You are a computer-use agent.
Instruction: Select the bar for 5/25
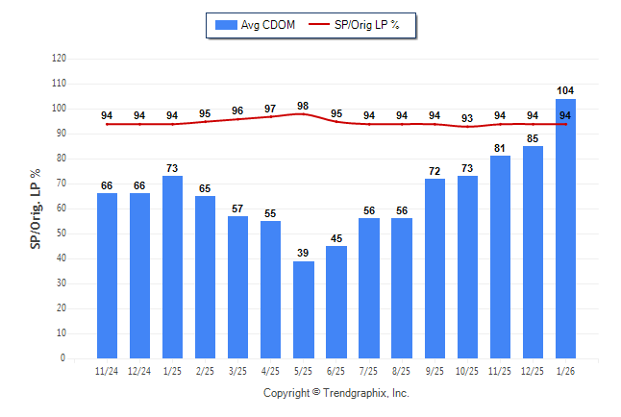[303, 309]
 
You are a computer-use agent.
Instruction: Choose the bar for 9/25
[435, 268]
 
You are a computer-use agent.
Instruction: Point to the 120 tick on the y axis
[60, 59]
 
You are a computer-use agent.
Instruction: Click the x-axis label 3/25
[237, 370]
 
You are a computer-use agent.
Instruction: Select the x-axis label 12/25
[533, 370]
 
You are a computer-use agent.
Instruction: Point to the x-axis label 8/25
[402, 370]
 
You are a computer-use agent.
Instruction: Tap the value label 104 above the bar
[565, 91]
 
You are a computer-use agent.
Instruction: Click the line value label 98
[303, 106]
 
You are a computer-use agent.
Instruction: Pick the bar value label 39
[303, 253]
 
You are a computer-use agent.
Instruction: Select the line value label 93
[467, 119]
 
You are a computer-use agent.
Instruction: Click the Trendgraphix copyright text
[335, 393]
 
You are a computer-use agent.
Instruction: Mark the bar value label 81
[500, 148]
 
